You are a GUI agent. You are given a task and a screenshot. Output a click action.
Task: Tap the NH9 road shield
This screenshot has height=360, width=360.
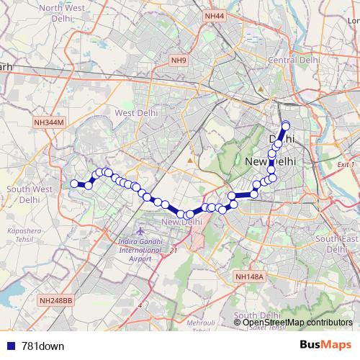tap(179, 60)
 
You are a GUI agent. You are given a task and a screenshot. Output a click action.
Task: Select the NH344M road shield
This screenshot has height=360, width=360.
tap(49, 124)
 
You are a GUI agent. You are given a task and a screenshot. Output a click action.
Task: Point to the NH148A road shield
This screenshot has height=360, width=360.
tap(251, 276)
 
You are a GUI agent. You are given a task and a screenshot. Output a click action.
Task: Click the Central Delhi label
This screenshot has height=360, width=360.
tap(292, 59)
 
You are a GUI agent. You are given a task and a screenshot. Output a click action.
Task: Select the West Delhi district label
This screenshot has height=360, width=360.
tap(135, 113)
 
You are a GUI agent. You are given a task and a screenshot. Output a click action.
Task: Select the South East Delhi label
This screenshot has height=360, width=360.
tap(337, 243)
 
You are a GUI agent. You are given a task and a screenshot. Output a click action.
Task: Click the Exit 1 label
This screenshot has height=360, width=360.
tap(346, 165)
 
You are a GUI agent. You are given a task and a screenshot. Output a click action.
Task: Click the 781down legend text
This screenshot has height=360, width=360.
tap(42, 346)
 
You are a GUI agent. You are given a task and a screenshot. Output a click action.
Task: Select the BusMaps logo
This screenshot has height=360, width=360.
tap(325, 345)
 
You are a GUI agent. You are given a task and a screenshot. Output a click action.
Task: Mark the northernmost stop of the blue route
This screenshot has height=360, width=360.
tap(285, 125)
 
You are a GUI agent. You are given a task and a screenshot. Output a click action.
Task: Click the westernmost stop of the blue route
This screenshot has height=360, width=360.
tap(73, 184)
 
